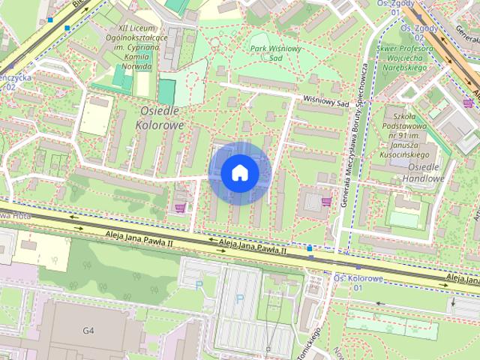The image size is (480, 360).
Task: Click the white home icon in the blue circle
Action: click(x=239, y=173)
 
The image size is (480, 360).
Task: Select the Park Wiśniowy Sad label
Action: click(x=265, y=52)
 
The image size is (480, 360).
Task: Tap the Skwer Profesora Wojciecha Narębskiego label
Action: click(x=409, y=61)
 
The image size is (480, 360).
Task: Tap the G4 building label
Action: click(x=88, y=330)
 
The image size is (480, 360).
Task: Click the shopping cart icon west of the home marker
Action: click(x=180, y=208)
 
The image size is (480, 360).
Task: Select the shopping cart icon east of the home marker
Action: click(x=325, y=201)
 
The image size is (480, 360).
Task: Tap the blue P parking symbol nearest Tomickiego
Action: click(x=240, y=298)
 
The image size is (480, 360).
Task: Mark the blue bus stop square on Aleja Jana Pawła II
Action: click(x=310, y=248)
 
